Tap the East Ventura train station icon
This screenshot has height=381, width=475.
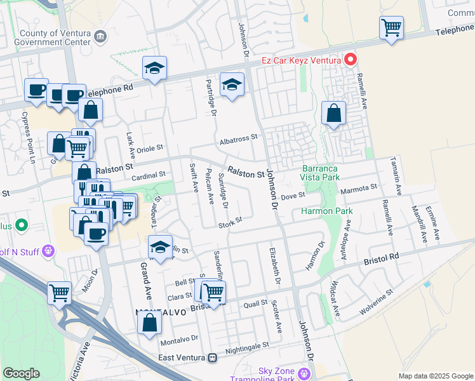pyautogui.click(x=212, y=358)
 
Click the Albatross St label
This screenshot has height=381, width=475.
pyautogui.click(x=238, y=137)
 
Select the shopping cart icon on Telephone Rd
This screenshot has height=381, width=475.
pyautogui.click(x=391, y=28)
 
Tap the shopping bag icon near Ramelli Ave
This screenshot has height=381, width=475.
pyautogui.click(x=333, y=114)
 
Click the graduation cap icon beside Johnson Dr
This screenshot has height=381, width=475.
pyautogui.click(x=232, y=84)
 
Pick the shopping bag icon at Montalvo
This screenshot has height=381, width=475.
pyautogui.click(x=150, y=322)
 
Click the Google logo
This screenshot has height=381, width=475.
pyautogui.click(x=22, y=373)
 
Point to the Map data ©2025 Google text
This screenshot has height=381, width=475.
pyautogui.click(x=436, y=376)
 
